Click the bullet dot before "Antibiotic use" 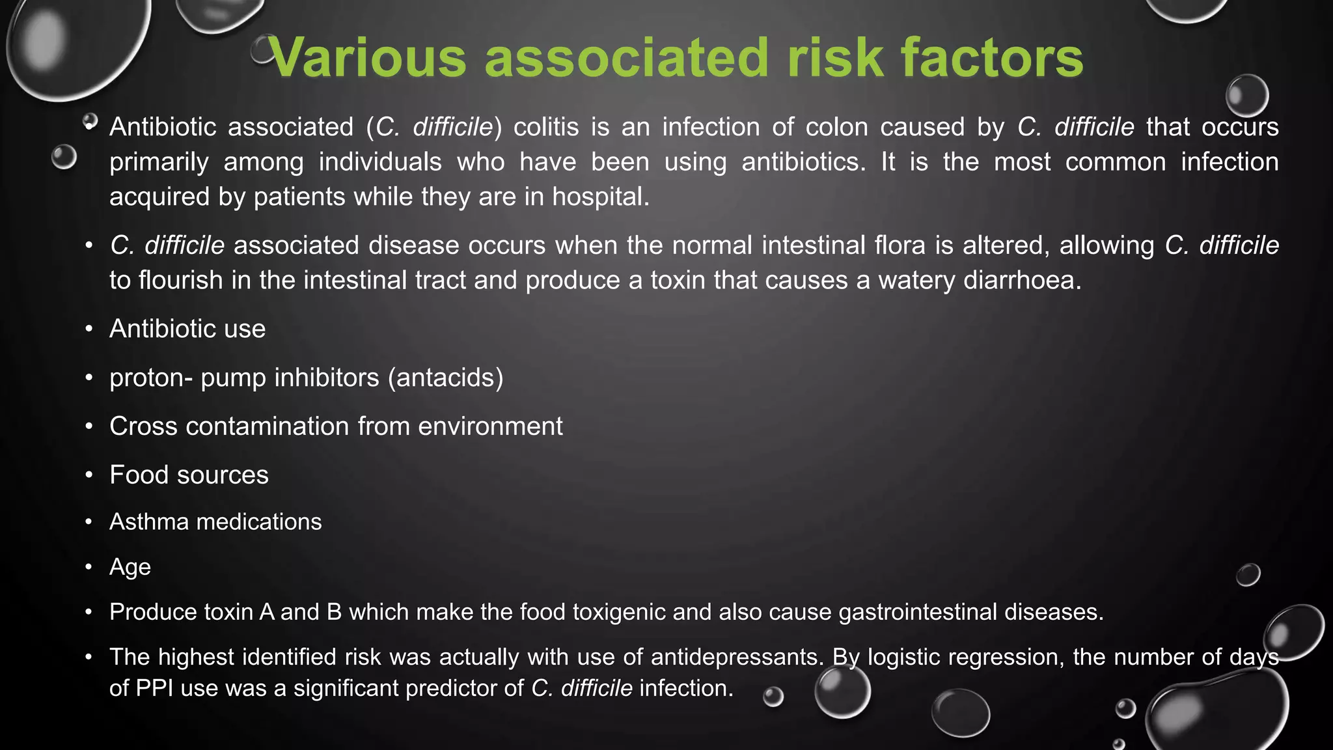89,329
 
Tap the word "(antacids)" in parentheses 446,378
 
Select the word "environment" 490,426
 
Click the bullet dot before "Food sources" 89,475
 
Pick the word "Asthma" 149,521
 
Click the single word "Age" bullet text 130,567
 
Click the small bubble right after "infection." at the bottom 773,697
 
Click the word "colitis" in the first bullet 546,127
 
